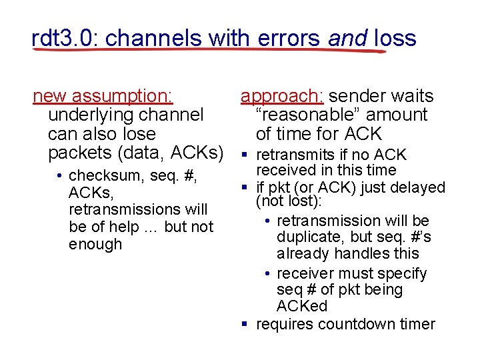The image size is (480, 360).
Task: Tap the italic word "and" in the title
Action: tap(347, 38)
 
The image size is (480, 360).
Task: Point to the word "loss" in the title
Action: tap(395, 38)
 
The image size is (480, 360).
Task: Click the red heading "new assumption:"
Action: tap(103, 97)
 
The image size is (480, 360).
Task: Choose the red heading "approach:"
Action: tap(282, 97)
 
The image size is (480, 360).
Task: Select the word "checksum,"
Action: tap(103, 176)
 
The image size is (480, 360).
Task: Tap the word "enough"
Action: tap(95, 244)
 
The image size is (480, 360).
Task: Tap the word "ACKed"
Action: tap(302, 306)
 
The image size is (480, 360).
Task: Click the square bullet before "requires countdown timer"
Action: tap(245, 325)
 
